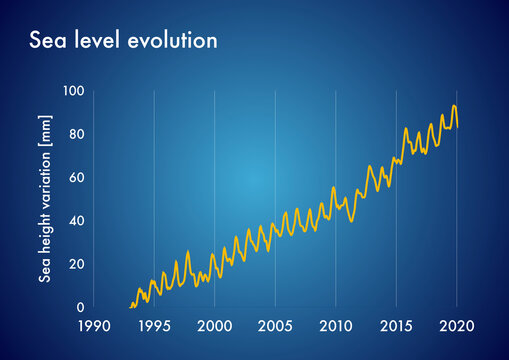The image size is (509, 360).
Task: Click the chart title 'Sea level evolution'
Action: (x=123, y=41)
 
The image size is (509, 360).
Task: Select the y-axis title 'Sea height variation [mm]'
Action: (x=45, y=195)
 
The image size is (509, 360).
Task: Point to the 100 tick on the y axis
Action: (x=74, y=91)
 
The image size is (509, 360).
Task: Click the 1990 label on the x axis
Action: (x=93, y=327)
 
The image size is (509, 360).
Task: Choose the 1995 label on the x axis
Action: (x=153, y=327)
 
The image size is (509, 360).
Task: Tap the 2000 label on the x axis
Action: (x=214, y=327)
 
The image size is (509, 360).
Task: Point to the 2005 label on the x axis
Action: (x=275, y=327)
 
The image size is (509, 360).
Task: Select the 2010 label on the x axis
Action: (x=335, y=327)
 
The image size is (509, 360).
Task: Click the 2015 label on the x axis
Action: (x=396, y=327)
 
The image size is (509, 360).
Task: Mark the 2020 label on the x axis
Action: (x=457, y=327)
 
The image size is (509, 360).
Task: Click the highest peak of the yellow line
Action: (x=454, y=106)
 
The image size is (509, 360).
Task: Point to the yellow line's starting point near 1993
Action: (x=130, y=306)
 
